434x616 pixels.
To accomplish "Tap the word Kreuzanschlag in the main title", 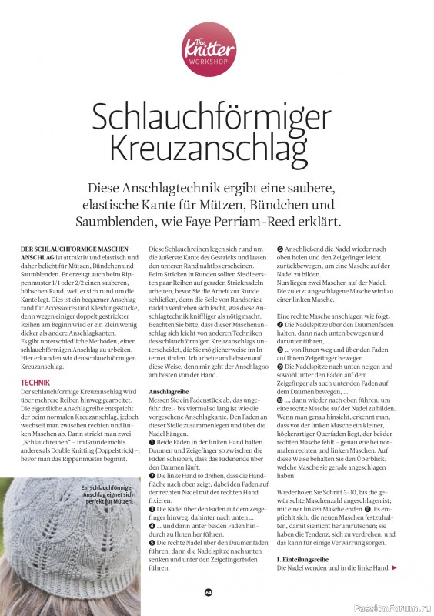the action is click(216, 147).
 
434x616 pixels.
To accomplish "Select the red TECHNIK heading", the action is click(36, 382).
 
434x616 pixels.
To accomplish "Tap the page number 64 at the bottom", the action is click(207, 592).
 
